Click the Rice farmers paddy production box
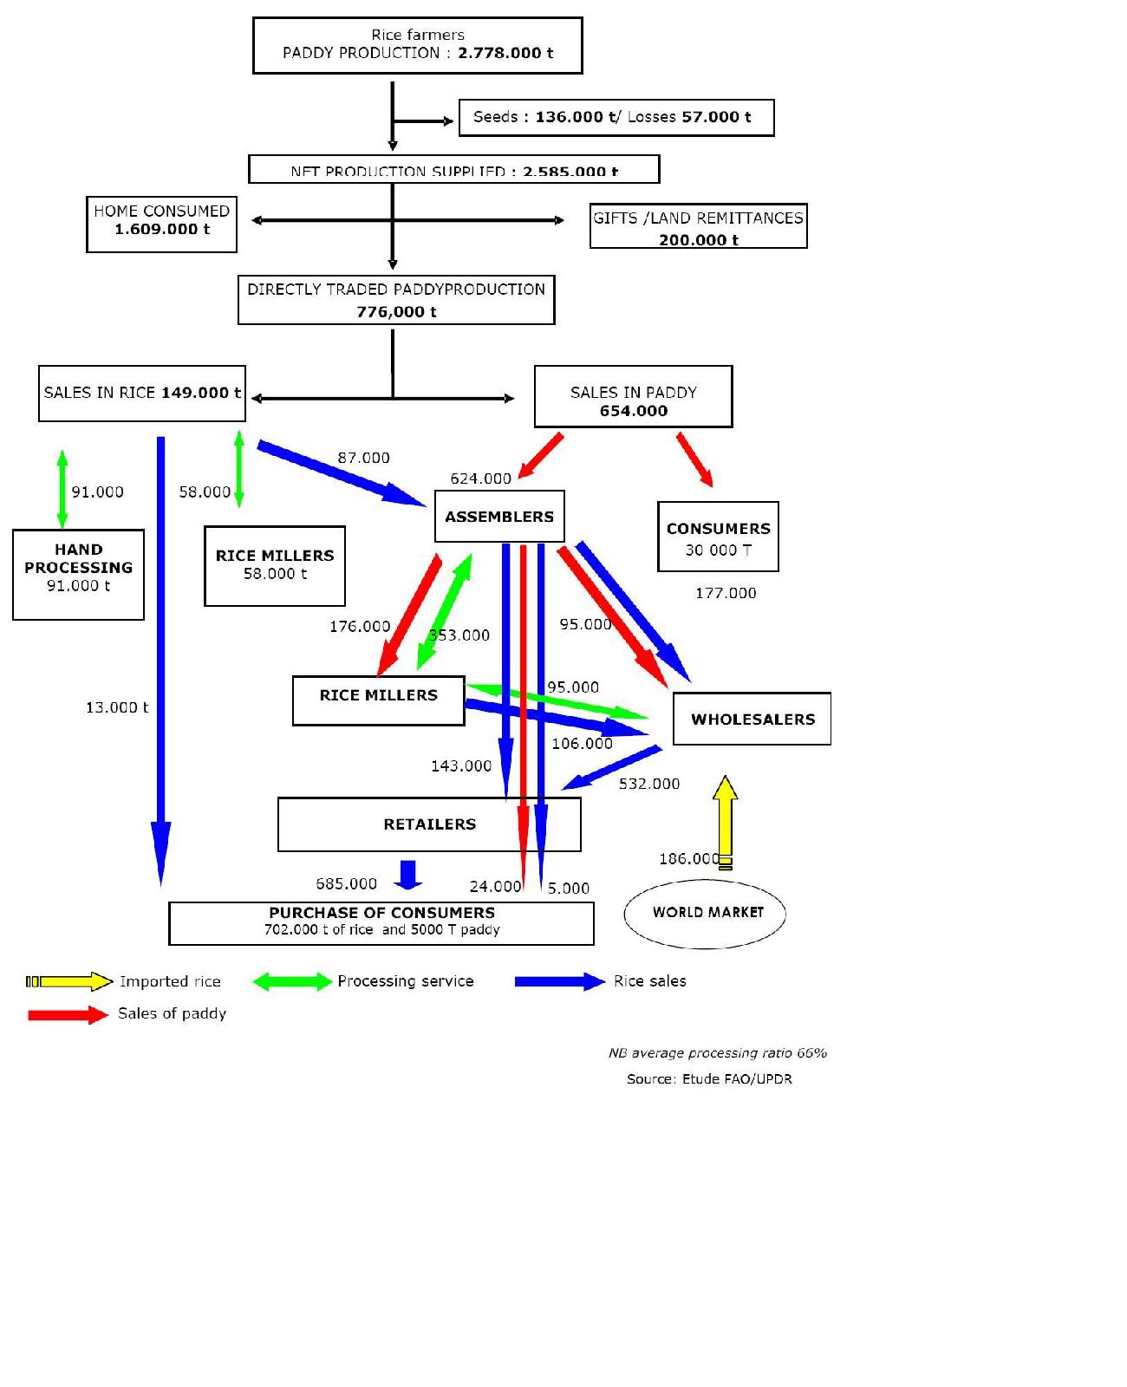click(417, 45)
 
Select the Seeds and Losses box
click(616, 118)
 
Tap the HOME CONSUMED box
click(161, 224)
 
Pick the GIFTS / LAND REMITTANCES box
click(698, 226)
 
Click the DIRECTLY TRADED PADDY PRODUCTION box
click(396, 300)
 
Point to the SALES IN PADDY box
click(633, 396)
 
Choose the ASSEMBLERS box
click(499, 517)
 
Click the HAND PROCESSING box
click(78, 574)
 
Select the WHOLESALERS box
click(752, 719)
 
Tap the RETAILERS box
click(429, 824)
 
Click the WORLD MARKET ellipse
click(705, 913)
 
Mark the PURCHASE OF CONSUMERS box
click(381, 923)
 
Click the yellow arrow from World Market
click(726, 819)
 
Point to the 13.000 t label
click(117, 707)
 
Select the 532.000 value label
click(649, 784)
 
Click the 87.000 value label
click(363, 458)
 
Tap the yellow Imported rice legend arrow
click(69, 981)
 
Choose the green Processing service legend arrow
click(292, 981)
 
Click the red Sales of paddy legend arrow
click(68, 1014)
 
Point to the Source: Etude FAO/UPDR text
click(709, 1079)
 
